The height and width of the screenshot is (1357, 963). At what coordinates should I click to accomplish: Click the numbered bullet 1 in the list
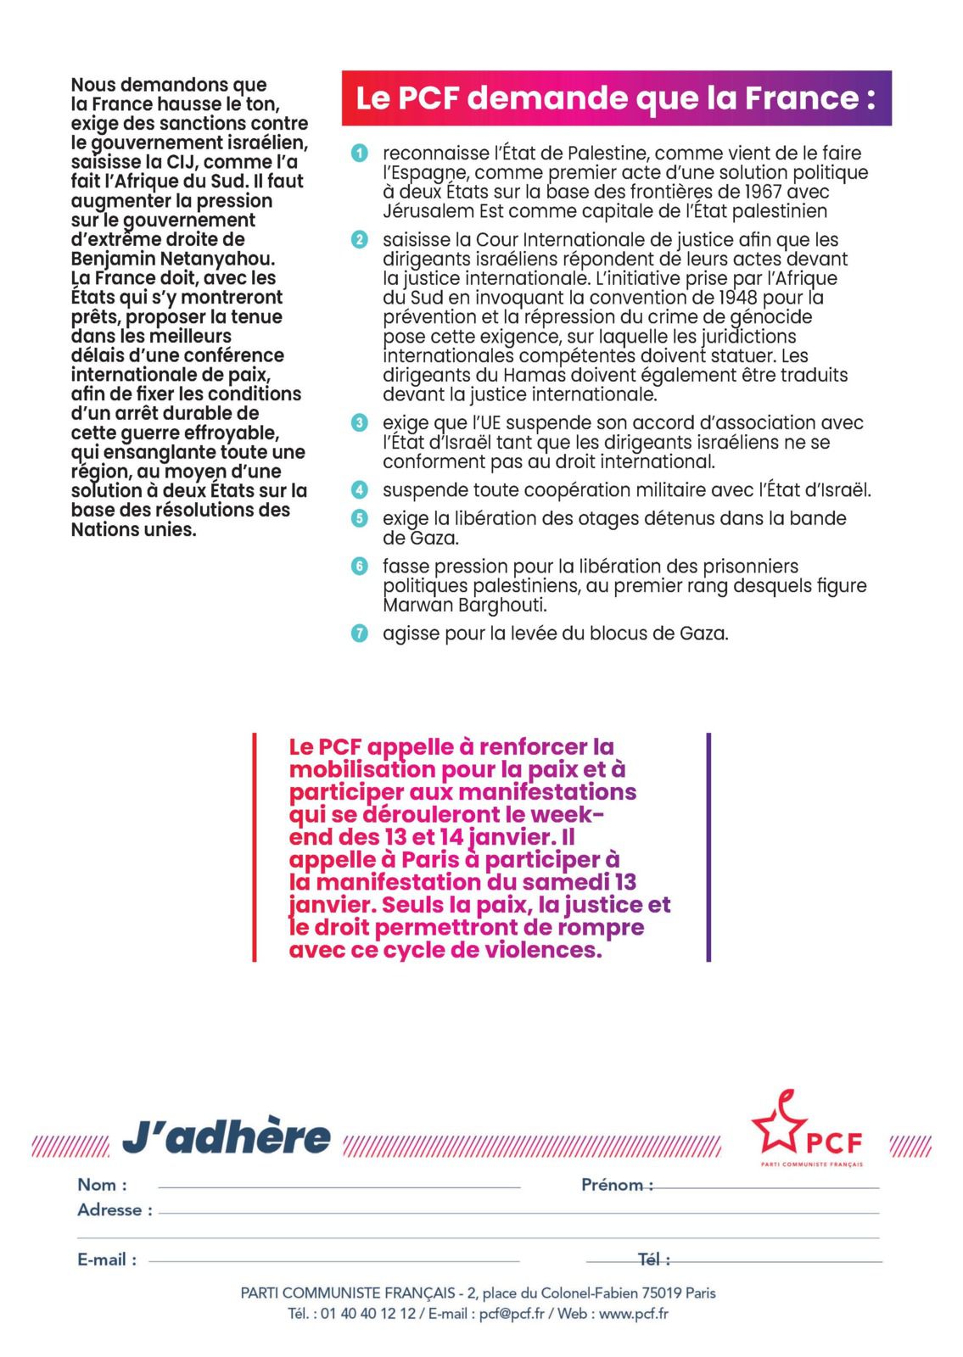click(x=360, y=154)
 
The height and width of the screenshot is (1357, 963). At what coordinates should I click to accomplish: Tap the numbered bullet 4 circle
click(x=360, y=490)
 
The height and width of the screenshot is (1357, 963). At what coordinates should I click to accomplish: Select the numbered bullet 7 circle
click(x=360, y=633)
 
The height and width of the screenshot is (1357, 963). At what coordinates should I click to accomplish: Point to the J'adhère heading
click(x=227, y=1137)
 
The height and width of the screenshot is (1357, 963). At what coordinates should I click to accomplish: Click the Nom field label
click(x=102, y=1185)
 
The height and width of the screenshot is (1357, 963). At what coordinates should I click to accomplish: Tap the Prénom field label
click(x=617, y=1185)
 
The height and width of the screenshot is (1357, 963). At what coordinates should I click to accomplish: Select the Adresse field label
click(x=115, y=1210)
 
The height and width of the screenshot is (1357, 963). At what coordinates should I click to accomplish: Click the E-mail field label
click(x=107, y=1259)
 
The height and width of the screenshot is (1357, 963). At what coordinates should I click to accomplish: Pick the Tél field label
click(x=653, y=1259)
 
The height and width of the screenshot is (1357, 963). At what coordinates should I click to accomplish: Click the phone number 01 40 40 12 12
click(x=368, y=1314)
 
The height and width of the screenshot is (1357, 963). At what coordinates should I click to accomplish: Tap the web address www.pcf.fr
click(x=634, y=1314)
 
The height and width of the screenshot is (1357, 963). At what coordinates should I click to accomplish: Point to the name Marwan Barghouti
click(x=465, y=606)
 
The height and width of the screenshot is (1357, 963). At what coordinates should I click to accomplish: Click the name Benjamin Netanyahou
click(x=173, y=259)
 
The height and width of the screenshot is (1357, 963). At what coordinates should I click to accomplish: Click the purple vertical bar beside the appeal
click(x=708, y=846)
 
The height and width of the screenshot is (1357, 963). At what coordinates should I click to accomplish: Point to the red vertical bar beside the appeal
click(x=255, y=846)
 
